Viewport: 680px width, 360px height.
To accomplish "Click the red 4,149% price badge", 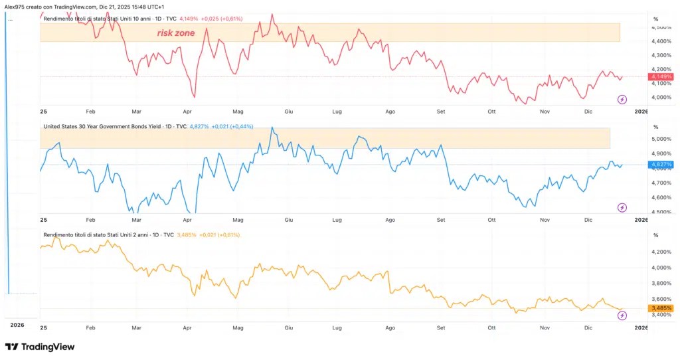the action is point(661,77).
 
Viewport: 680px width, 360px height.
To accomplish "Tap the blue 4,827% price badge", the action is point(661,165).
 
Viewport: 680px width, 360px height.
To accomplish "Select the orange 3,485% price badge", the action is point(661,308).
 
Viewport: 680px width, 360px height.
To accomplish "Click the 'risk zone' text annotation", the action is point(175,33).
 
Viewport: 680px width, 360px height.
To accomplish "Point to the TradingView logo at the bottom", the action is point(40,347).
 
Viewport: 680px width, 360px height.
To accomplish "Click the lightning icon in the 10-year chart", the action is point(622,100).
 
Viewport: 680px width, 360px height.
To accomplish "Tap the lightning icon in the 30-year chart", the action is point(622,208).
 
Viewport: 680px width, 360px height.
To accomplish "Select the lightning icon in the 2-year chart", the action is point(622,315).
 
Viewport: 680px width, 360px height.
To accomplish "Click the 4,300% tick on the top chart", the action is point(661,56).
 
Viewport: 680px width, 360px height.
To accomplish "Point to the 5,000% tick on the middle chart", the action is point(661,139).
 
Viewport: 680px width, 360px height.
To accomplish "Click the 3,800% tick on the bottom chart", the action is point(661,283).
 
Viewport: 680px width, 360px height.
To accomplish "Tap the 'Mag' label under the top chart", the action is point(238,112).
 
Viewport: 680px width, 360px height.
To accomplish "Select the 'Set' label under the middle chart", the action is point(441,220).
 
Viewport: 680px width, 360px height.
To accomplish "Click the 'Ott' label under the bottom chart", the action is point(491,328).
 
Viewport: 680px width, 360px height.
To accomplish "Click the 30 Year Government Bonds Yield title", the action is point(115,127).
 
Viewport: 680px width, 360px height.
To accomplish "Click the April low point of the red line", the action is point(195,97).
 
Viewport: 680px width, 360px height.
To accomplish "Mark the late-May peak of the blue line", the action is point(272,127).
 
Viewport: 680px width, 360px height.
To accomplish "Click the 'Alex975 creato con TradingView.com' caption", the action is point(50,7).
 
